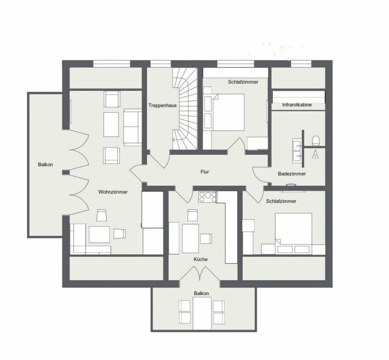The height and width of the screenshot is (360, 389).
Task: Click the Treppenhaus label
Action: pyautogui.click(x=162, y=105)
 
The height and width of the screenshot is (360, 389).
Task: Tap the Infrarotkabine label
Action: pyautogui.click(x=297, y=105)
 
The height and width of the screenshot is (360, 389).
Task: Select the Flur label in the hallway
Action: pyautogui.click(x=205, y=172)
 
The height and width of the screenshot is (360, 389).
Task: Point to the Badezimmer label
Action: pyautogui.click(x=292, y=174)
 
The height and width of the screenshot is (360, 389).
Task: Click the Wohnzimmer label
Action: pyautogui.click(x=113, y=192)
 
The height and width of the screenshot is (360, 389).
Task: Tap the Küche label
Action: pyautogui.click(x=201, y=259)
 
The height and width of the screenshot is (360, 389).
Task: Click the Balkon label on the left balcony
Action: pyautogui.click(x=45, y=164)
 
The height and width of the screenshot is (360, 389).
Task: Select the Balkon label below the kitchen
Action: pyautogui.click(x=201, y=293)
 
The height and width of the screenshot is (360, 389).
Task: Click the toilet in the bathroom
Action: pyautogui.click(x=316, y=141)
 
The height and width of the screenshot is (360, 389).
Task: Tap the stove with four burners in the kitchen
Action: pyautogui.click(x=207, y=197)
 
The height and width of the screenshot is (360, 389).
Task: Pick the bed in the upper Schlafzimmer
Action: pyautogui.click(x=228, y=112)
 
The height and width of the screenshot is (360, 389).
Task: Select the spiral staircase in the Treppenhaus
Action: pyautogui.click(x=185, y=105)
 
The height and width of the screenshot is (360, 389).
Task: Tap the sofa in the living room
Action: pyautogui.click(x=132, y=126)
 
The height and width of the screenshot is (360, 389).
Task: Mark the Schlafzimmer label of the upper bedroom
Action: pyautogui.click(x=243, y=82)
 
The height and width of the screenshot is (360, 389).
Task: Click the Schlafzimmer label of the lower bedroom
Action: pyautogui.click(x=281, y=201)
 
